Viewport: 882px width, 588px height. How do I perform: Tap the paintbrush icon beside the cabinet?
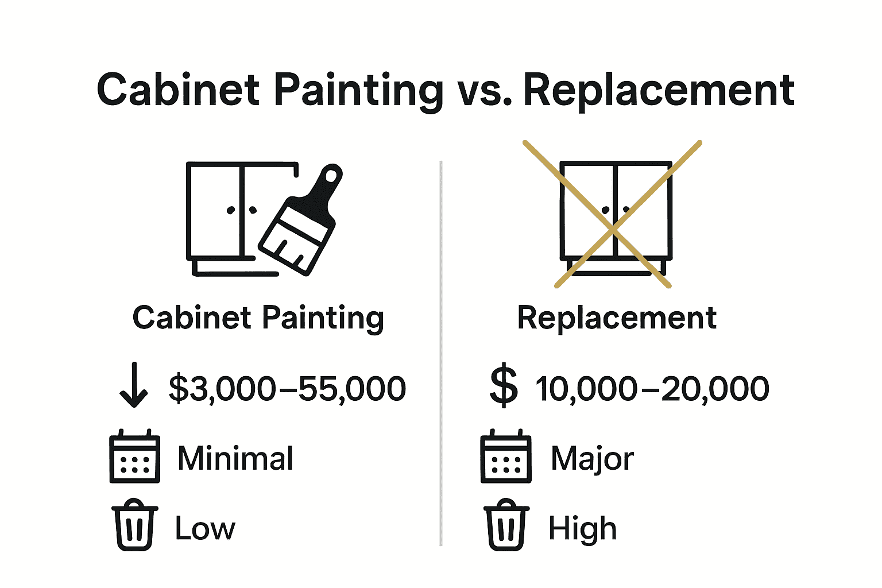click(300, 220)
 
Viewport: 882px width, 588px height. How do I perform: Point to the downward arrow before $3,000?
click(134, 385)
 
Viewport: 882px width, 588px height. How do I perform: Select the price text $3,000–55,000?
click(287, 389)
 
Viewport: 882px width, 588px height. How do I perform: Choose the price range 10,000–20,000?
click(652, 389)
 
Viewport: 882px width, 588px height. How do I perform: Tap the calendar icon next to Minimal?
click(135, 456)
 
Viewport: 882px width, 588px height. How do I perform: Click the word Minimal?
click(235, 458)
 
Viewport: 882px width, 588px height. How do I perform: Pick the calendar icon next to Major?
click(506, 456)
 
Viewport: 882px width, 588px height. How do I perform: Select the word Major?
click(592, 459)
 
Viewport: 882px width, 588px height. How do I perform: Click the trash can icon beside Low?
click(135, 525)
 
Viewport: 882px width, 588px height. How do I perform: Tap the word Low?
click(205, 528)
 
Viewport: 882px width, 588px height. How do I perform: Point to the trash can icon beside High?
click(506, 525)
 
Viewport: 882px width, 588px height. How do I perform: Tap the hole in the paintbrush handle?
click(331, 176)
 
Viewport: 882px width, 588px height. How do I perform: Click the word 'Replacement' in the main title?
click(659, 92)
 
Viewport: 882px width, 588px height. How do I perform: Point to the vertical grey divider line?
click(440, 353)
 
